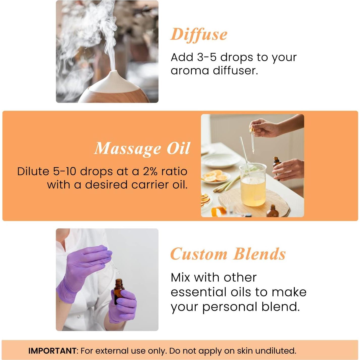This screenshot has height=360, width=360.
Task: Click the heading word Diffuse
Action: [199, 34]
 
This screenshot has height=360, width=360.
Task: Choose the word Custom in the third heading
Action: [199, 254]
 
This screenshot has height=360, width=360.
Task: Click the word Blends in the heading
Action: [259, 254]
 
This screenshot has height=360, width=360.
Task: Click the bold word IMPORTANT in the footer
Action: [52, 351]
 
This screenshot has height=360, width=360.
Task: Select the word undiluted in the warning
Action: [275, 351]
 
